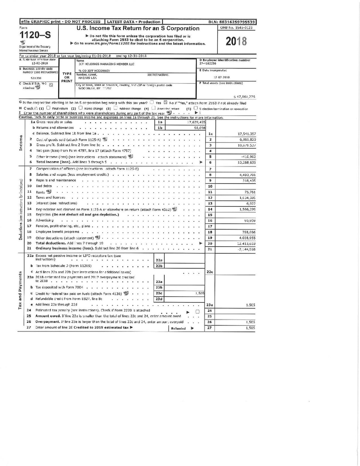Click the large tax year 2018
click(x=236, y=41)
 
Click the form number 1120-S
click(x=35, y=35)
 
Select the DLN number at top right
click(x=232, y=22)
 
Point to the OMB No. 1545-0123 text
click(x=236, y=28)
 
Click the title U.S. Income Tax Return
click(x=138, y=29)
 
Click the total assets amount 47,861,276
click(x=244, y=97)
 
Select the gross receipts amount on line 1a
click(x=196, y=122)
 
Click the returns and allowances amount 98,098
click(x=200, y=128)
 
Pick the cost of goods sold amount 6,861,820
click(x=248, y=140)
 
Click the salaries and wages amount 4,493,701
click(x=247, y=175)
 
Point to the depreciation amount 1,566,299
click(x=247, y=209)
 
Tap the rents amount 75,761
click(x=250, y=192)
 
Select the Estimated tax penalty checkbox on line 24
click(x=197, y=311)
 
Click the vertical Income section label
click(x=21, y=143)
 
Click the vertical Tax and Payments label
click(x=20, y=290)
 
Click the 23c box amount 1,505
click(x=200, y=293)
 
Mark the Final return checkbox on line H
click(x=48, y=108)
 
